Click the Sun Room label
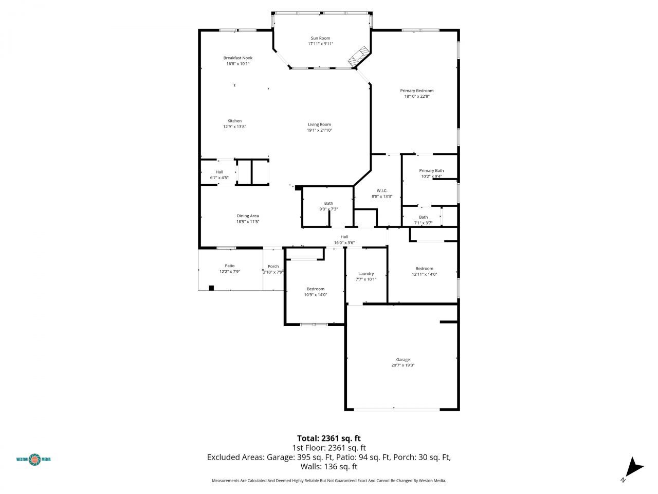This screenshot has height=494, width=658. pyautogui.click(x=320, y=38)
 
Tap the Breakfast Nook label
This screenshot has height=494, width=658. pyautogui.click(x=237, y=58)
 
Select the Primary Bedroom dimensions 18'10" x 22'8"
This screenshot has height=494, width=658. pyautogui.click(x=416, y=96)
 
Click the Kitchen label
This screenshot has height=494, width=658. pyautogui.click(x=234, y=121)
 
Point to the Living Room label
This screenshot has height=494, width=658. pyautogui.click(x=319, y=125)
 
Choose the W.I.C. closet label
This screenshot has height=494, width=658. pyautogui.click(x=382, y=190)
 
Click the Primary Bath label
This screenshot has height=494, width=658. pyautogui.click(x=431, y=171)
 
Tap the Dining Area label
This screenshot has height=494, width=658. pyautogui.click(x=247, y=216)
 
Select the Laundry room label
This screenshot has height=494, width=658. pyautogui.click(x=366, y=274)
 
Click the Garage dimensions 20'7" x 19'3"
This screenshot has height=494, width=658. pyautogui.click(x=403, y=365)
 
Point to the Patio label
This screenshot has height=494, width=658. pyautogui.click(x=229, y=266)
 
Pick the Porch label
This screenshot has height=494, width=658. pyautogui.click(x=273, y=267)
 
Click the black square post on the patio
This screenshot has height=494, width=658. pyautogui.click(x=211, y=288)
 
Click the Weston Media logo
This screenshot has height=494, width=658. pyautogui.click(x=34, y=459)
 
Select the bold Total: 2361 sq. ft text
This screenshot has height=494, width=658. pyautogui.click(x=328, y=438)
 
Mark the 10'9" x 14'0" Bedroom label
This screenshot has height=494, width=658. pyautogui.click(x=316, y=289)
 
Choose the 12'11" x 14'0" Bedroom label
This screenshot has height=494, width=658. pyautogui.click(x=424, y=269)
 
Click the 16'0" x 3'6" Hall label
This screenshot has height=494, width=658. pyautogui.click(x=344, y=237)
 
